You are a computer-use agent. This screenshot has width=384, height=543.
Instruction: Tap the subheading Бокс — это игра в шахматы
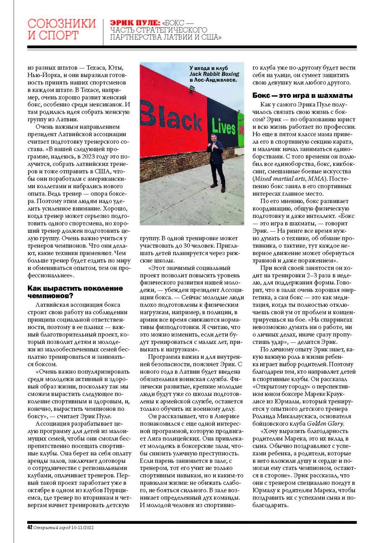tap(303, 96)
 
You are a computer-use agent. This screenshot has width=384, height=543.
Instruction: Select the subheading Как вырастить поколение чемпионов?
tap(75, 292)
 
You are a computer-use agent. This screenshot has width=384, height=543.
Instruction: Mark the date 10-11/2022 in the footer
tap(83, 527)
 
